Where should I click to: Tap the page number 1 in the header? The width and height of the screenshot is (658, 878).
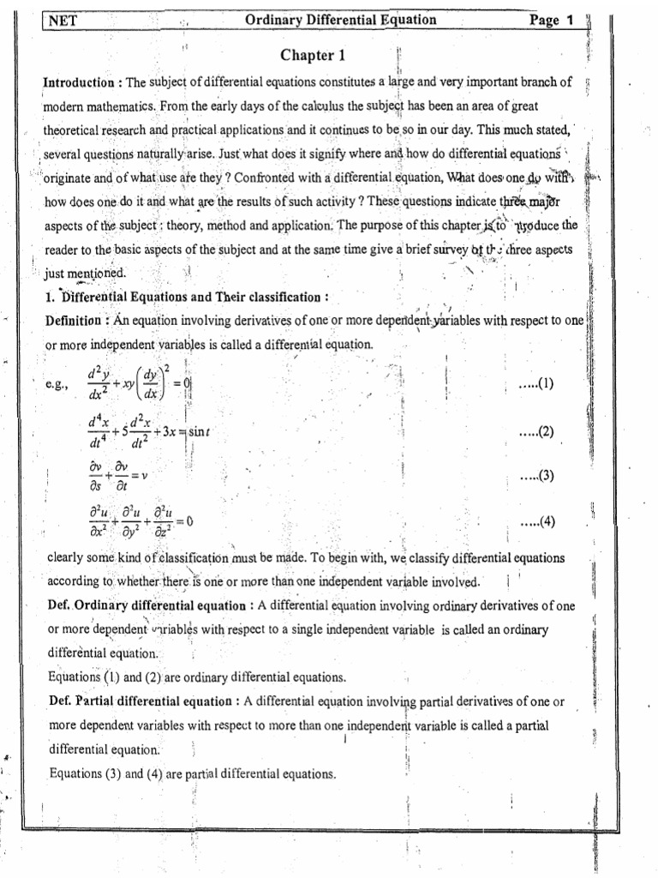569,21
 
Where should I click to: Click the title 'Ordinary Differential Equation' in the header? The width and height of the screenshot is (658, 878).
341,20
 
